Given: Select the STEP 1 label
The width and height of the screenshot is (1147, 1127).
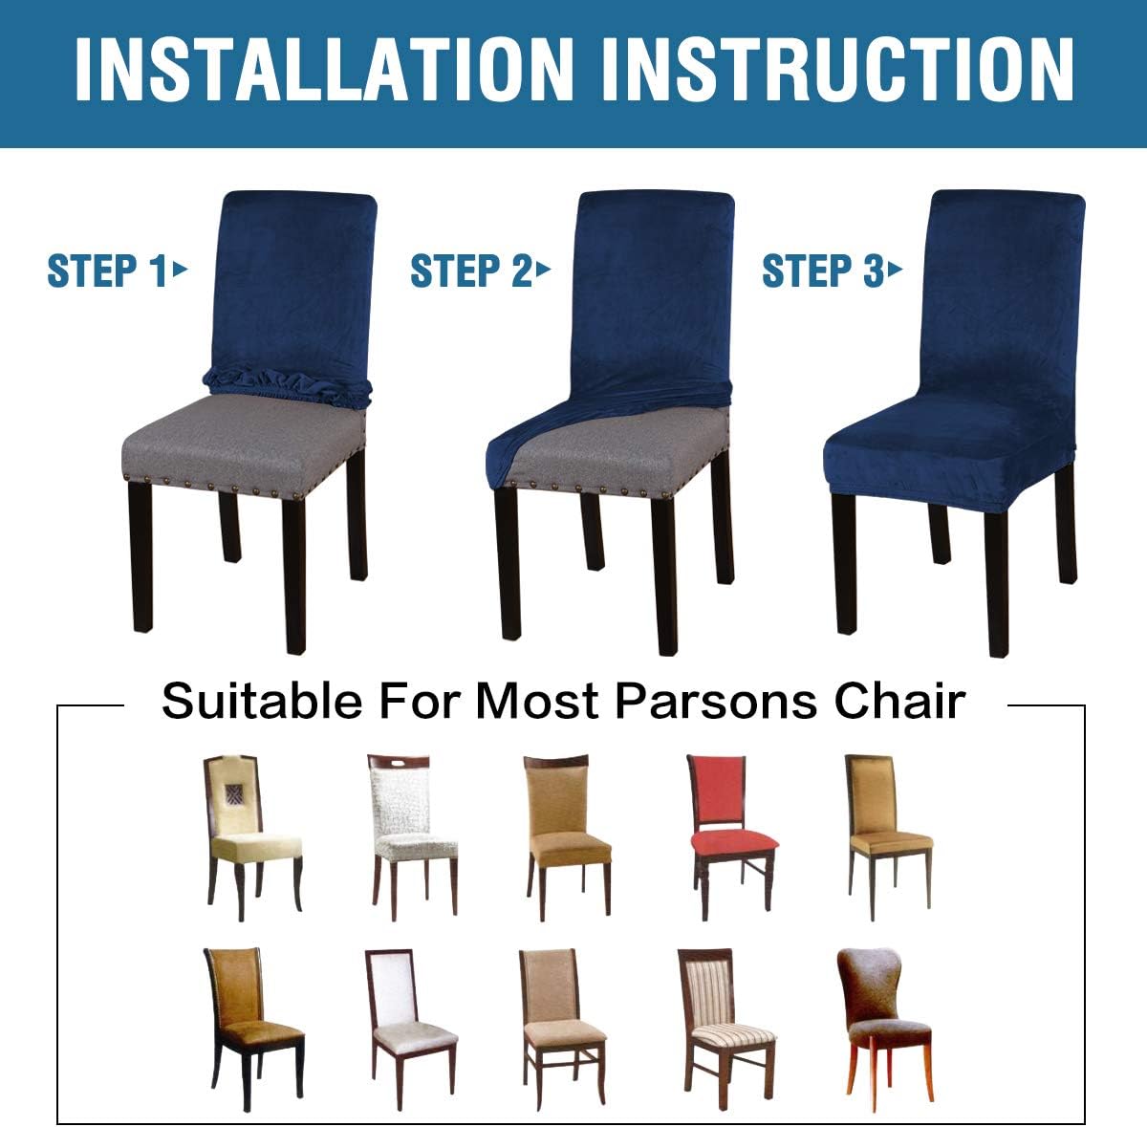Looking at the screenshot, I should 107,271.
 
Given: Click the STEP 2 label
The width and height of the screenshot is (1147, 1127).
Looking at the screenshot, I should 470,271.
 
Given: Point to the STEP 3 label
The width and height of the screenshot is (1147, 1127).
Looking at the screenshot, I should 822,271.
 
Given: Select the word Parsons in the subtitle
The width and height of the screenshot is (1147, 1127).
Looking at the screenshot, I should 716,701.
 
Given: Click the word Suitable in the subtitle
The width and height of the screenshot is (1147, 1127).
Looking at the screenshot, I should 262,701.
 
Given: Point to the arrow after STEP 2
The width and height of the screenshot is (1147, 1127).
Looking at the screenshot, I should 545,270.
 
